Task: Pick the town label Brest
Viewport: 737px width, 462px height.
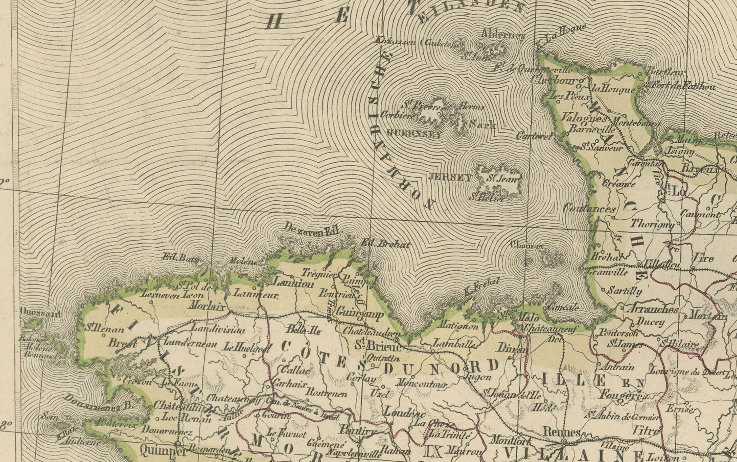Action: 122,343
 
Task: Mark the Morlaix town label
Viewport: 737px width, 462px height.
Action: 207,306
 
